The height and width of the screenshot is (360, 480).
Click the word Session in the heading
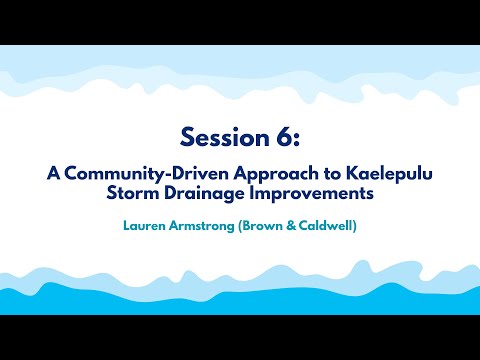tap(218, 137)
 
